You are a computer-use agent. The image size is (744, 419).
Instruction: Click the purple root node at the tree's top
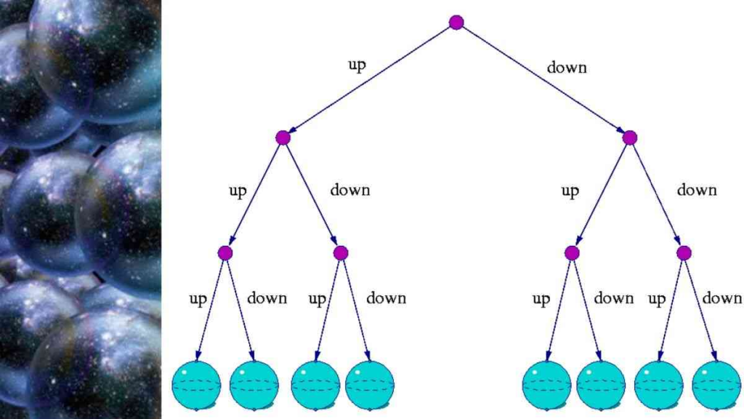click(456, 22)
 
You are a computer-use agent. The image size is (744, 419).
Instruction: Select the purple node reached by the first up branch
click(283, 137)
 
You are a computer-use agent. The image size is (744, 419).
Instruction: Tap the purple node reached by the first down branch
click(630, 137)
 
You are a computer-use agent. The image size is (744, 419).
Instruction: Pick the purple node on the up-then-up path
click(225, 253)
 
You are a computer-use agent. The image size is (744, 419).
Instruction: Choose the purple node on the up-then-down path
click(341, 253)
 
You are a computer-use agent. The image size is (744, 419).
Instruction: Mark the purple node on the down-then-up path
click(572, 253)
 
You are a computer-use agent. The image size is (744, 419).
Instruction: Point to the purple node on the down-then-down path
click(684, 253)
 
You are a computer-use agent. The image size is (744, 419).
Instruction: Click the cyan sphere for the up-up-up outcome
click(196, 385)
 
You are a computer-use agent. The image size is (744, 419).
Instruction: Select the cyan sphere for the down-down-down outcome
click(716, 385)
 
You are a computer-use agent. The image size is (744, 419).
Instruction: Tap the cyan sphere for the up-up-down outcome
click(254, 385)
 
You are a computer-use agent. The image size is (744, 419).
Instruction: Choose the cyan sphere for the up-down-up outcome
click(315, 385)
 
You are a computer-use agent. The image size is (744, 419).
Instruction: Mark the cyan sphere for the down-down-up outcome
click(658, 385)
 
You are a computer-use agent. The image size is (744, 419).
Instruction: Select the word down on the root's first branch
click(567, 68)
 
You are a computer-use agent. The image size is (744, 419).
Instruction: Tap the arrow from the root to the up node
click(370, 80)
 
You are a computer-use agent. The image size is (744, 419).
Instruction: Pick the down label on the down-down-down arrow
click(721, 298)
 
